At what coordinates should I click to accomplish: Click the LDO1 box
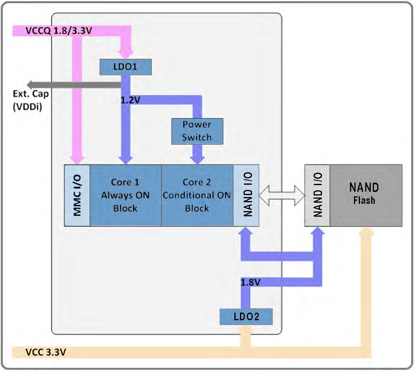coord(126,67)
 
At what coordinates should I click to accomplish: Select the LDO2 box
coord(246,317)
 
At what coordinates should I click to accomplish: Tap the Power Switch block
coord(196,131)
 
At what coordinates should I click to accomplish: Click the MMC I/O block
coord(77,195)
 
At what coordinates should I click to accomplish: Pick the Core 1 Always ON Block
coord(125,195)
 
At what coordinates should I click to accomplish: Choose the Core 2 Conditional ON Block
coord(197,195)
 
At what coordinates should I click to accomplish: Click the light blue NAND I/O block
coord(246,195)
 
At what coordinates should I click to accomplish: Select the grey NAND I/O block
coord(318,195)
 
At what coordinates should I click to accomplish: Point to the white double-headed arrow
coord(282,195)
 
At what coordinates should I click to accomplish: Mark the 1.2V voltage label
coord(130,100)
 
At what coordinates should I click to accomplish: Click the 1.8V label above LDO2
coord(251,282)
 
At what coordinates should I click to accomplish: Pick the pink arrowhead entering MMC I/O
coord(77,159)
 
